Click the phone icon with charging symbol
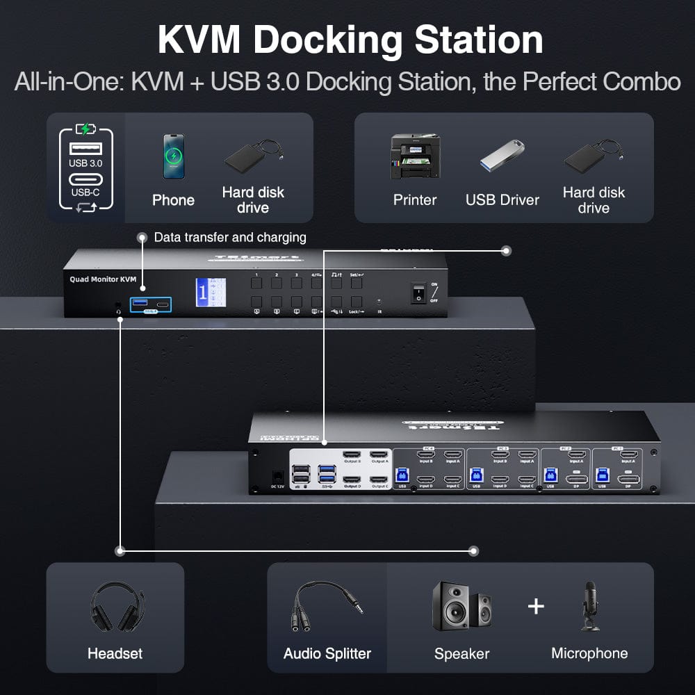[x=174, y=156]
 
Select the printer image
[x=415, y=156]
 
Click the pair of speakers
[x=461, y=606]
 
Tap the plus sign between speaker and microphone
[x=535, y=606]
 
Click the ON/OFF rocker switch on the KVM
[x=418, y=292]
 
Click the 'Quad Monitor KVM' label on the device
[x=103, y=279]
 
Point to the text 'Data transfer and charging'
[x=229, y=238]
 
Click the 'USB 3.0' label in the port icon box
[x=85, y=163]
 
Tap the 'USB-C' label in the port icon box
[x=85, y=192]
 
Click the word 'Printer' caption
[x=415, y=200]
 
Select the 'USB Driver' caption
[x=502, y=200]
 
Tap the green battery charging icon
[x=85, y=129]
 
